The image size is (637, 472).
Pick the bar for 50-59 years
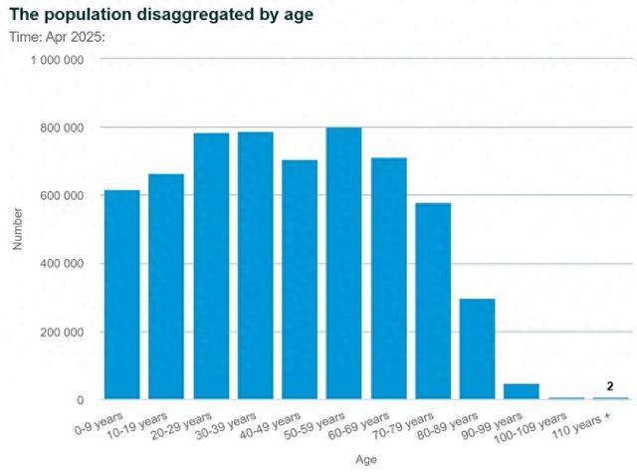point(344,264)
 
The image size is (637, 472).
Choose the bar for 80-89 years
point(478,350)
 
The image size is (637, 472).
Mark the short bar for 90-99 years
point(522,391)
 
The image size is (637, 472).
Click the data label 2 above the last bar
point(610,385)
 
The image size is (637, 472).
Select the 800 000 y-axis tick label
point(62,128)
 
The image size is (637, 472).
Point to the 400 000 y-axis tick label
point(62,264)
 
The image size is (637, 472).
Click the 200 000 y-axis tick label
point(62,333)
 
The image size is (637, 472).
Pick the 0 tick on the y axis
point(79,400)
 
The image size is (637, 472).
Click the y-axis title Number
point(17,229)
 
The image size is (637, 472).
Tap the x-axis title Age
point(366,460)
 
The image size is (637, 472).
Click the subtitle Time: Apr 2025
point(57,37)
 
